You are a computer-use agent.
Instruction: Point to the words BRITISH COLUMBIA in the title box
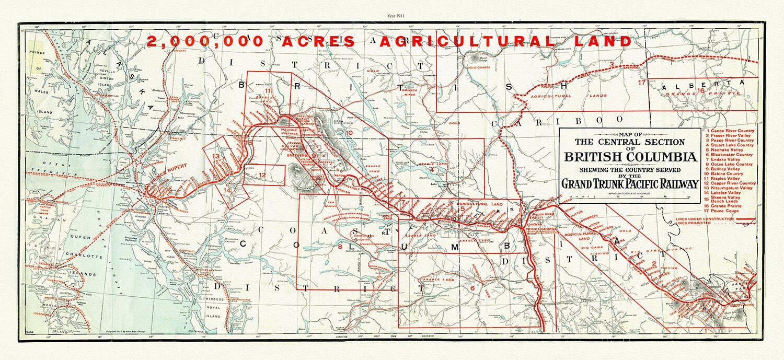630,157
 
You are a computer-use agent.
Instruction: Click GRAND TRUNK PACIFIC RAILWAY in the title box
630,184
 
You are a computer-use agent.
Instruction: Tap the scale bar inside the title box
630,198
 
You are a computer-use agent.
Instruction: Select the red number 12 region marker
262,175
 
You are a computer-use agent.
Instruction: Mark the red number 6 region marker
471,288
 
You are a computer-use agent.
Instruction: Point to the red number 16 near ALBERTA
700,90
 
